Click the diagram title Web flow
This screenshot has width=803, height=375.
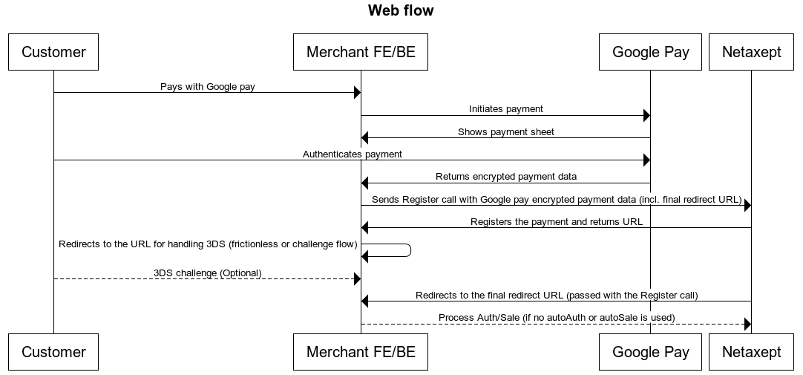coord(401,10)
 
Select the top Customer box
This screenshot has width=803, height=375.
coord(53,52)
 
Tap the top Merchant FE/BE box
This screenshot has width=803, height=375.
coord(361,52)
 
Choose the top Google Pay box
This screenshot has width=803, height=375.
coord(650,52)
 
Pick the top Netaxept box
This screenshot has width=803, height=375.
coord(751,52)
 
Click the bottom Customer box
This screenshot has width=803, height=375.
coord(53,352)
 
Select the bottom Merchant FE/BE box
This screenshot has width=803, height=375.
coord(361,352)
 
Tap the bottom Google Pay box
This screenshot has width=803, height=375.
coord(650,352)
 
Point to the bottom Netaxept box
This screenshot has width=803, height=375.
coord(751,352)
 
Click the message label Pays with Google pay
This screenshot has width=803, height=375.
coord(207,87)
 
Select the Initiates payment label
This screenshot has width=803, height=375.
coord(505,109)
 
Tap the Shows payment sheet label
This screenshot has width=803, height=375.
coord(505,132)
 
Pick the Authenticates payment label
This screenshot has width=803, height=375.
coord(352,154)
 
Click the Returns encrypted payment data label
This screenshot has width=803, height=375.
coord(505,177)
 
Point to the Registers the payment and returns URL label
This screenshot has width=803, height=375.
coord(556,221)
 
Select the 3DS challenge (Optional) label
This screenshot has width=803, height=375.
coord(207,273)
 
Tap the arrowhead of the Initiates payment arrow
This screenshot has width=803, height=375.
coord(646,115)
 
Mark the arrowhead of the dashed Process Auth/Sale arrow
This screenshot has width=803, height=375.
coord(747,324)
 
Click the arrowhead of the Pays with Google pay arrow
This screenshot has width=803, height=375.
coord(357,93)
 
